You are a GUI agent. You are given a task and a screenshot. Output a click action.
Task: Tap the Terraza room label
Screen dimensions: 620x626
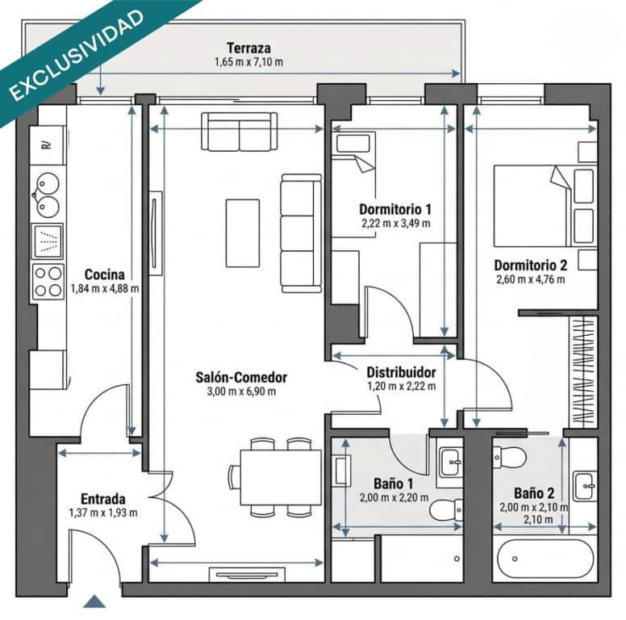tap(248, 47)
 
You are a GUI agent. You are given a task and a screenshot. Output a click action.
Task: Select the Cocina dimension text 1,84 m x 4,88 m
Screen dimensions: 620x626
tap(104, 287)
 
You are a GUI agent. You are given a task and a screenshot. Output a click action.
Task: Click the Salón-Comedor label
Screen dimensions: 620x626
tap(241, 377)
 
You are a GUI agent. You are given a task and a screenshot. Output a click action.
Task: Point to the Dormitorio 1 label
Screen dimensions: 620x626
tap(394, 209)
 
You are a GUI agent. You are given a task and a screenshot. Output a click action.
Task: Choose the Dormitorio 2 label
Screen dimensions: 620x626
tap(530, 265)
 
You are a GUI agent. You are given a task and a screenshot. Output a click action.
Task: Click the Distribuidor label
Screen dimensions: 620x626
tap(401, 373)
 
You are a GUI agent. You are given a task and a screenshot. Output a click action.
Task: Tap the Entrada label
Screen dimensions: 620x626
tap(102, 498)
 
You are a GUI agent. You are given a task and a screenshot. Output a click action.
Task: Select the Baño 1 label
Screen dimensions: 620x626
tap(388, 484)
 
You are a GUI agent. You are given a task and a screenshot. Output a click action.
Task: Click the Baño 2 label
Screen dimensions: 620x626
tap(534, 492)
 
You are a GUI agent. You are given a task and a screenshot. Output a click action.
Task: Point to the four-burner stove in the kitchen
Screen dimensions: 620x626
tap(48, 282)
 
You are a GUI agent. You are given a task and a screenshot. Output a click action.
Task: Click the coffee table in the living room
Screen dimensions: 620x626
tap(242, 232)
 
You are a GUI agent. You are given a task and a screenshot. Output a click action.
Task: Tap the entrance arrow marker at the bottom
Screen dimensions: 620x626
tap(95, 601)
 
